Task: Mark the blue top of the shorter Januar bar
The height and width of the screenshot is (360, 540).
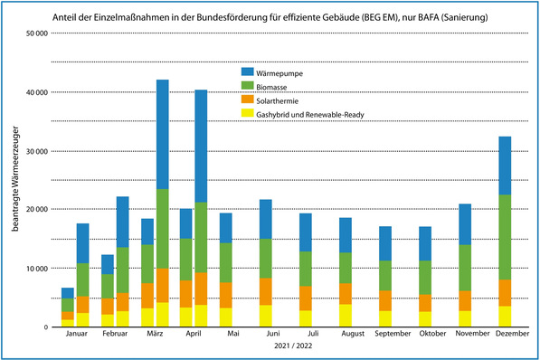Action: coord(68,292)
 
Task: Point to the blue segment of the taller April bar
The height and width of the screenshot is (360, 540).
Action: coord(202,146)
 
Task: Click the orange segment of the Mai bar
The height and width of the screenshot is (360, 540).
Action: coord(226,295)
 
